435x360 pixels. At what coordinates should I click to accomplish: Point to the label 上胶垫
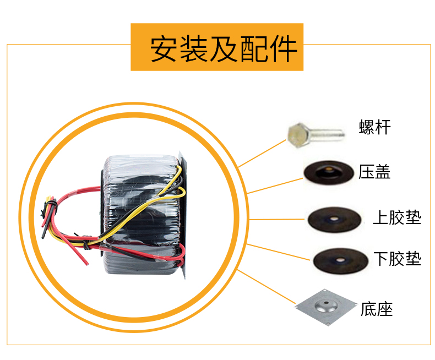tap(396, 217)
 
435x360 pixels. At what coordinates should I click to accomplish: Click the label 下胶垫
tap(396, 258)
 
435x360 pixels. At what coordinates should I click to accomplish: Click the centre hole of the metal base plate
tap(325, 303)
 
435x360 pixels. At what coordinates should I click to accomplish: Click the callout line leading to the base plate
tap(267, 286)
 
